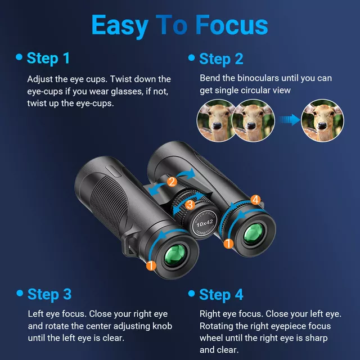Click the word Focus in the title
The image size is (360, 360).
232,25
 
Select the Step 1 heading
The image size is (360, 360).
49,58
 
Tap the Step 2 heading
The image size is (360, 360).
222,58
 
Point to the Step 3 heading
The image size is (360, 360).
49,294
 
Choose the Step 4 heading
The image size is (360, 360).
222,295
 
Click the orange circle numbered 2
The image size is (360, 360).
172,181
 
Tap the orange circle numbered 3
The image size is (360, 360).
190,204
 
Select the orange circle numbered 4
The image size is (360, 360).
255,199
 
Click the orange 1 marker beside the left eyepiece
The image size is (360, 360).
151,265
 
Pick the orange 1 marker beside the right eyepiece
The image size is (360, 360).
228,244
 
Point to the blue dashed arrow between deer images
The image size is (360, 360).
287,119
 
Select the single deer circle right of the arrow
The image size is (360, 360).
322,120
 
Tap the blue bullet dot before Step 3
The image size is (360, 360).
20,293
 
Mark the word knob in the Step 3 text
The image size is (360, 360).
161,326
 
